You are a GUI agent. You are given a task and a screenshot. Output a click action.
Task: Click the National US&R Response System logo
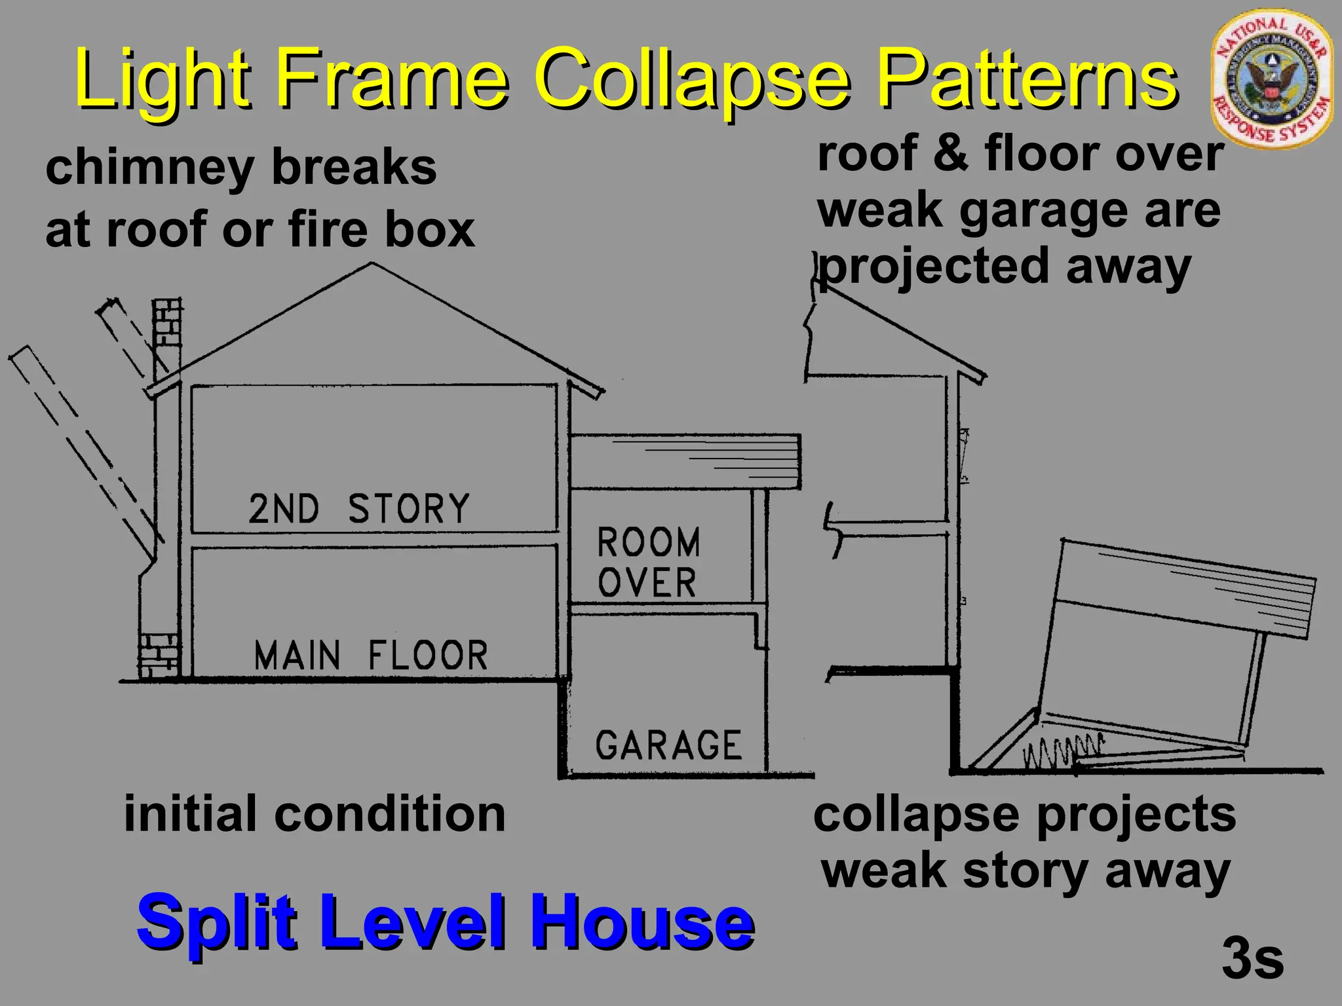[x=1271, y=81]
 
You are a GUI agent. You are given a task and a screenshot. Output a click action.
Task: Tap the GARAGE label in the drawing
[x=668, y=745]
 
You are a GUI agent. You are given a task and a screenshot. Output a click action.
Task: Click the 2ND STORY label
[x=359, y=509]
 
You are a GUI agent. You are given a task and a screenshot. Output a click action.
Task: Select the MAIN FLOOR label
[x=371, y=656]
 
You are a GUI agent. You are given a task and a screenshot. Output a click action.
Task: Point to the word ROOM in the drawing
[x=649, y=542]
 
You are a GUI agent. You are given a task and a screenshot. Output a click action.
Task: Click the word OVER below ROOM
[x=647, y=582]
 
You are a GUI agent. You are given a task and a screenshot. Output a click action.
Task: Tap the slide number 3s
[x=1252, y=958]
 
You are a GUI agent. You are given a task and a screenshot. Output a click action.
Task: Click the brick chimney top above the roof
[x=166, y=327]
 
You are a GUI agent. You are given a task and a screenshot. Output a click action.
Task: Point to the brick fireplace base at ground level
[x=158, y=655]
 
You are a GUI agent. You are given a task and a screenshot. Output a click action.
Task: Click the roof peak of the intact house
[x=372, y=265]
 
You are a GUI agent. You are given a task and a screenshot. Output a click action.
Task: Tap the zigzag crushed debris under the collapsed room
[x=1062, y=751]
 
